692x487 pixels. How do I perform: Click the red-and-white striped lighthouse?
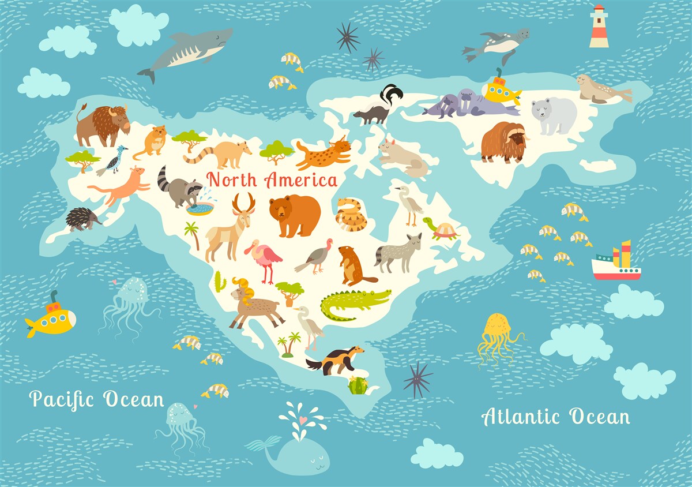599,27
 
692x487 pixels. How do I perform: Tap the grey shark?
187,50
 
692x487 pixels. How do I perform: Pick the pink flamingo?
264,258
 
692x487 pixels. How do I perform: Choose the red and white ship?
616,264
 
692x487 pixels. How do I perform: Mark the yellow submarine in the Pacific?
52,319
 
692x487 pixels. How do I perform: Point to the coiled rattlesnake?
351,215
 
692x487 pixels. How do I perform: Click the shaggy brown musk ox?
503,141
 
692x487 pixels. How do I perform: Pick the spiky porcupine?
82,219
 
